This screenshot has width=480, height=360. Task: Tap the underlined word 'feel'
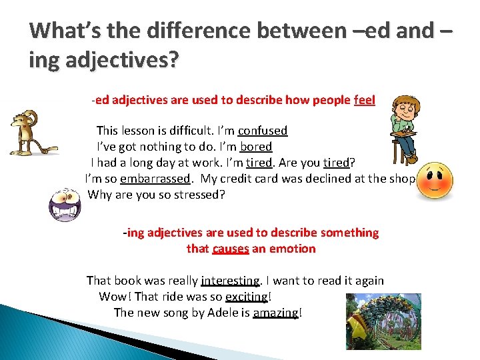click(x=364, y=100)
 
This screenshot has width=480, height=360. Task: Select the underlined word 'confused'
click(x=263, y=131)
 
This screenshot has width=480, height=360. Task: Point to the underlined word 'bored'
click(x=256, y=147)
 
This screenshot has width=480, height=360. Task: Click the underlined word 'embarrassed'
click(x=155, y=179)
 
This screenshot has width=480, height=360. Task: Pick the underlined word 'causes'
click(x=231, y=249)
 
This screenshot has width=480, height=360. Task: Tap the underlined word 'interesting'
click(x=231, y=281)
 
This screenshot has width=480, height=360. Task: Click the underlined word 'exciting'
click(x=247, y=297)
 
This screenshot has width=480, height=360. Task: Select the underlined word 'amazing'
click(x=275, y=313)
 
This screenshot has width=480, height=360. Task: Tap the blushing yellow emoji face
click(x=434, y=179)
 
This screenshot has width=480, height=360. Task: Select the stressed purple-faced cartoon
click(x=65, y=203)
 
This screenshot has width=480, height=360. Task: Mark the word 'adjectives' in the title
click(x=105, y=61)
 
